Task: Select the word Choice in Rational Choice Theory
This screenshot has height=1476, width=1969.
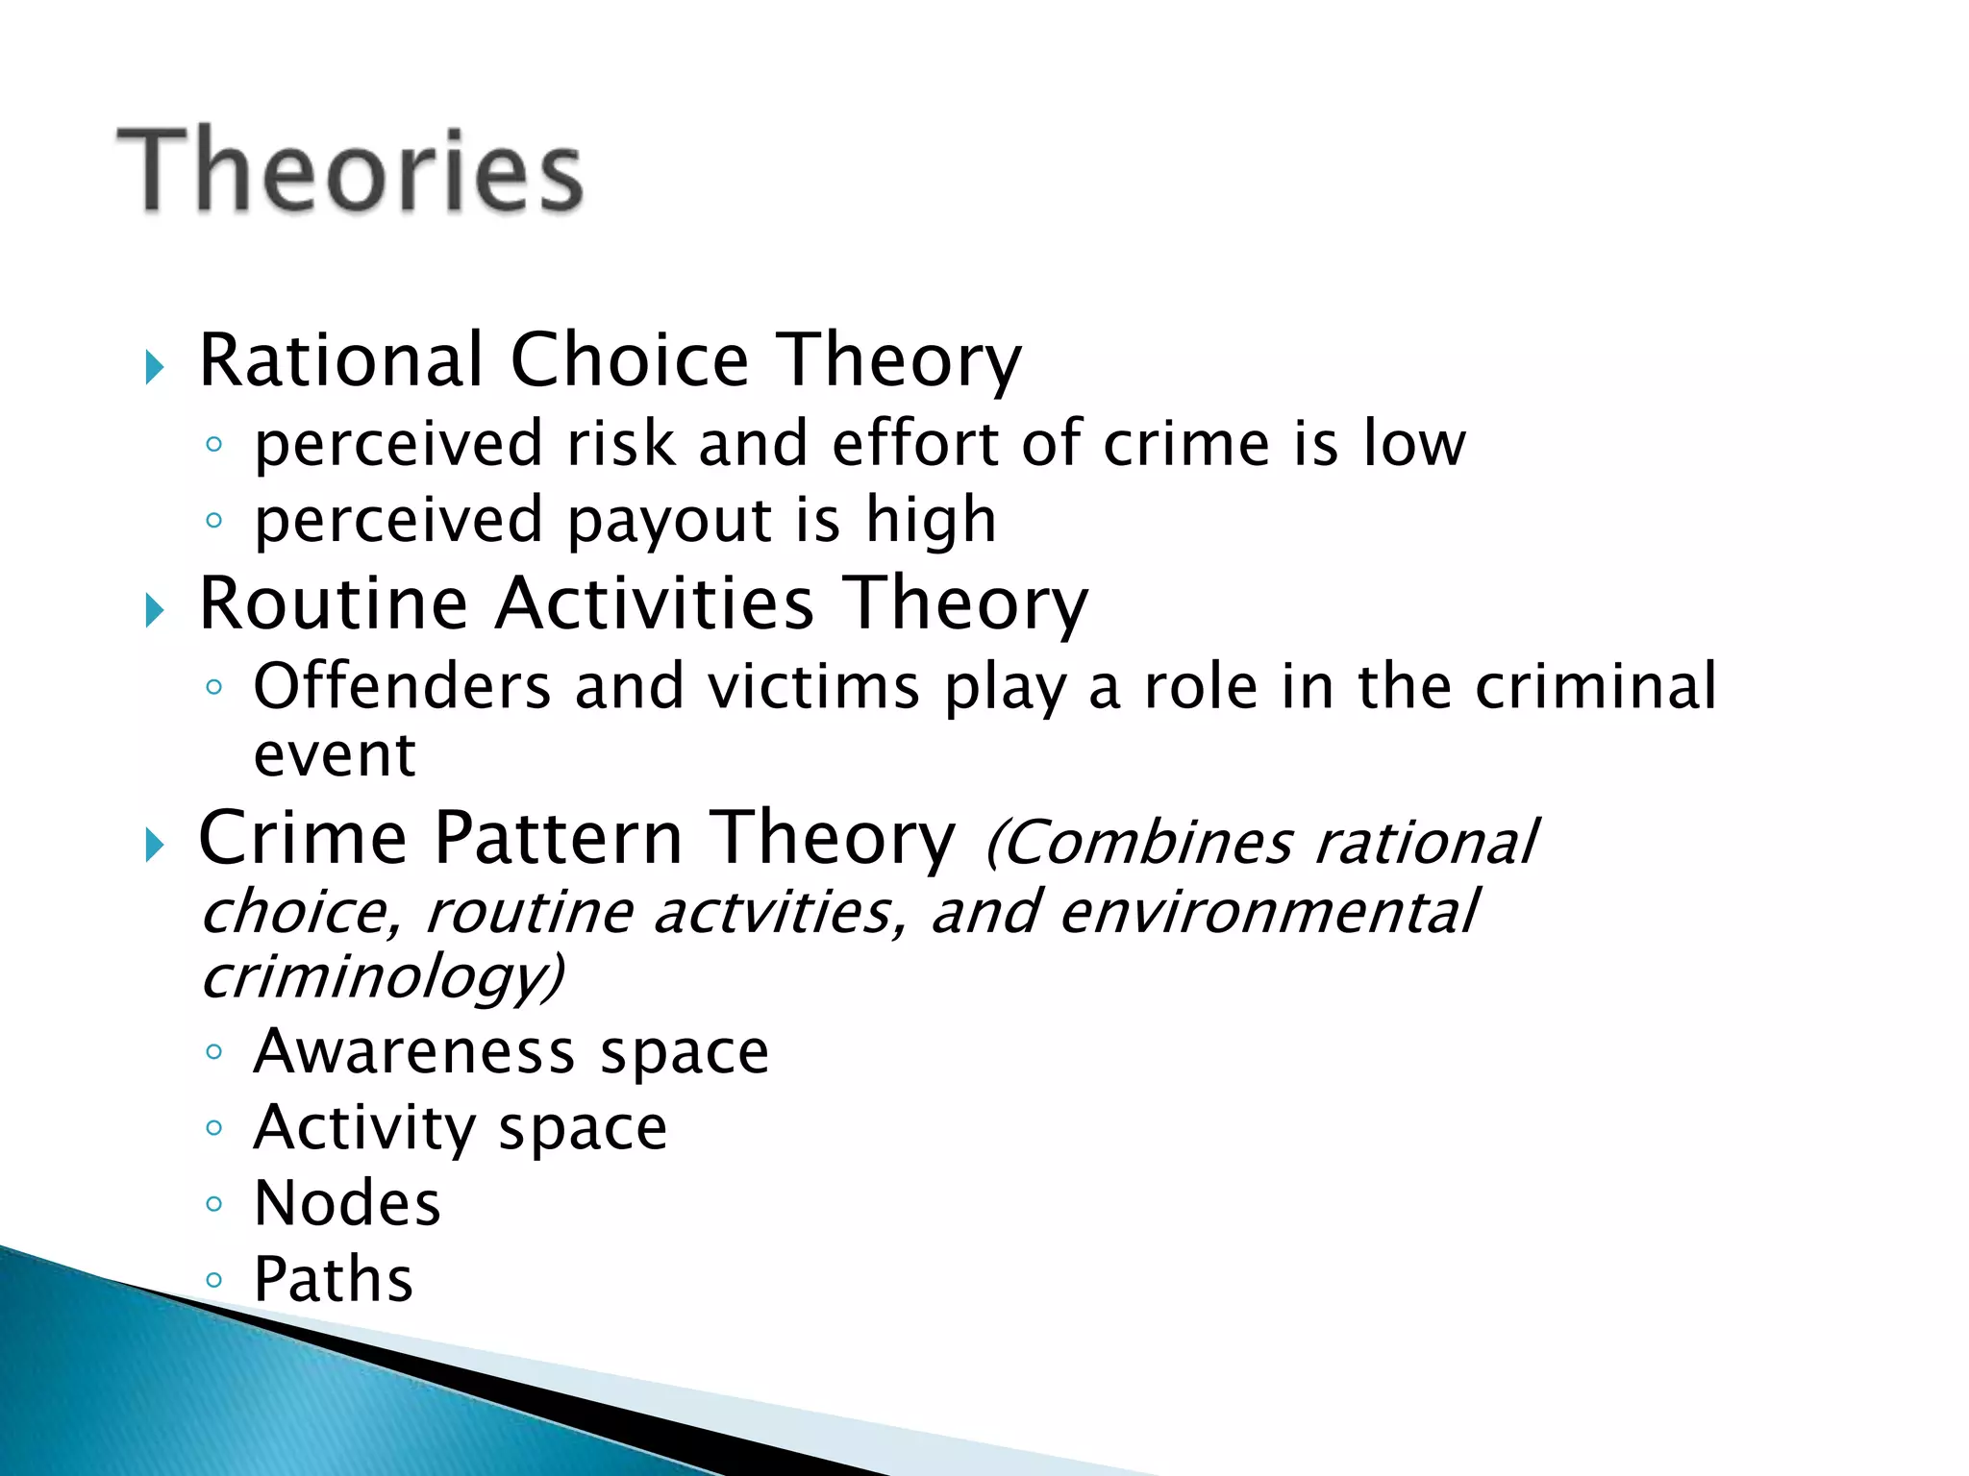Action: pyautogui.click(x=629, y=359)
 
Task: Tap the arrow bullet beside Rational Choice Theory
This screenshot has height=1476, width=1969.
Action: pyautogui.click(x=154, y=367)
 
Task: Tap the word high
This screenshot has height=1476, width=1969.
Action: pyautogui.click(x=931, y=520)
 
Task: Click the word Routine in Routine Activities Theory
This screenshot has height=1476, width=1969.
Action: pyautogui.click(x=333, y=603)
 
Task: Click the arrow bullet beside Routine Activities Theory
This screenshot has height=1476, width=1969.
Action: pyautogui.click(x=154, y=610)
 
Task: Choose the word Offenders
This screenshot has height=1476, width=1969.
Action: pyautogui.click(x=402, y=686)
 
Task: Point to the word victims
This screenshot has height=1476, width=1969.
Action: pyautogui.click(x=813, y=686)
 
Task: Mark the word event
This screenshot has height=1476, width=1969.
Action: pyautogui.click(x=334, y=755)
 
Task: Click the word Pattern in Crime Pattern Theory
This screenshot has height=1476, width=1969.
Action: pyautogui.click(x=558, y=838)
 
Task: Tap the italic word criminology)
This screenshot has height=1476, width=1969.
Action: pyautogui.click(x=382, y=978)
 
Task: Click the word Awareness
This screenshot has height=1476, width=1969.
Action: pyautogui.click(x=414, y=1051)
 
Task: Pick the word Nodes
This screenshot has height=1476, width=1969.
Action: pyautogui.click(x=347, y=1203)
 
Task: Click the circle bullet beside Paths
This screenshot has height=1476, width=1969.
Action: pyautogui.click(x=213, y=1279)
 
